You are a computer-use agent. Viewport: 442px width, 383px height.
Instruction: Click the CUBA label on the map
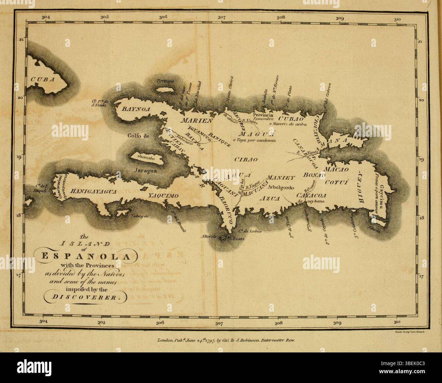pyautogui.click(x=42, y=79)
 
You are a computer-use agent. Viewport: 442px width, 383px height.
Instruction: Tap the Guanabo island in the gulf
pyautogui.click(x=146, y=157)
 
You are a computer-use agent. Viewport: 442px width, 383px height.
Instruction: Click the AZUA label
pyautogui.click(x=272, y=198)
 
